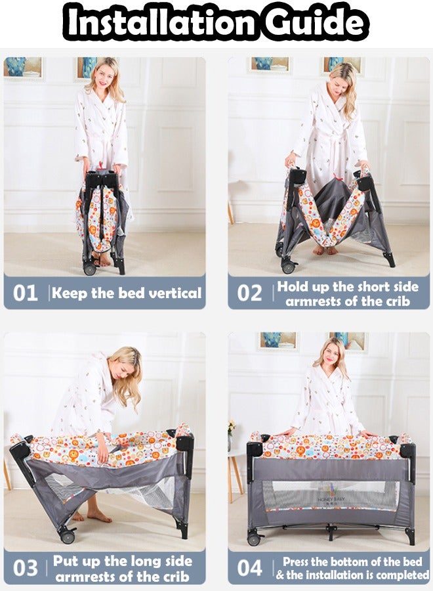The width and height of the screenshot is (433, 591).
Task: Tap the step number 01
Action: coord(26,293)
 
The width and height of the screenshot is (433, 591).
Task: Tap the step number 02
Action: coord(249,293)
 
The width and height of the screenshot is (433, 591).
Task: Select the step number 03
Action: coord(26,568)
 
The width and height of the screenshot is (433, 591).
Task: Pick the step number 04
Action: coord(249,568)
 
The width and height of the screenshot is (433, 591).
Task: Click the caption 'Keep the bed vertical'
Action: coord(127,293)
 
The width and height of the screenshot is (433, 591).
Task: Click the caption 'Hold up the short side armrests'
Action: coord(348,294)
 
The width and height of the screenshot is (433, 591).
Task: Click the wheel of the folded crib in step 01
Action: coord(89,269)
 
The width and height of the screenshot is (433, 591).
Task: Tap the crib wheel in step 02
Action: coord(287,267)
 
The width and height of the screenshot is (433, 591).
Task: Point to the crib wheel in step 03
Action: coord(67,536)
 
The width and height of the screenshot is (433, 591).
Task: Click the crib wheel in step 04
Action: coord(254,539)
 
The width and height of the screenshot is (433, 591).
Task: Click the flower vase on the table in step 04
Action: coord(231,431)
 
